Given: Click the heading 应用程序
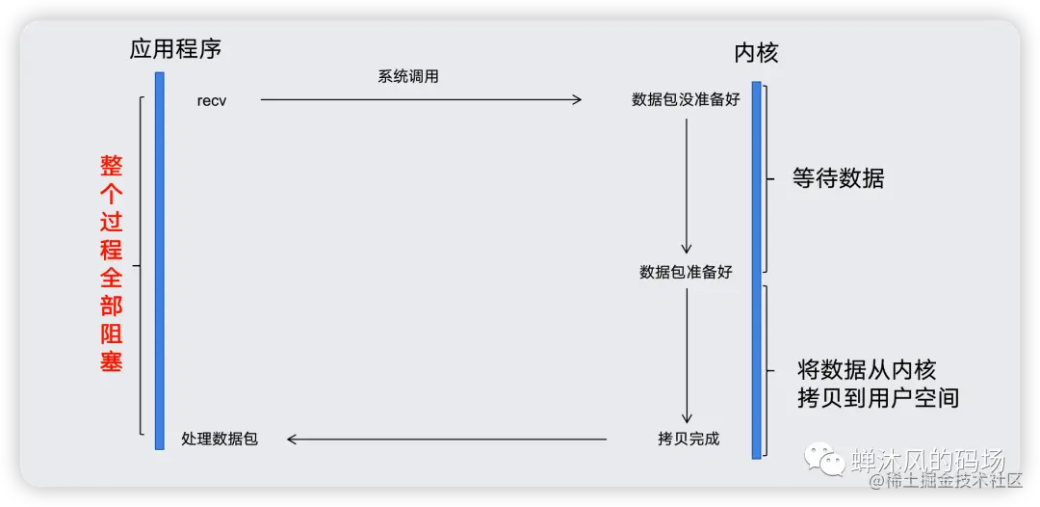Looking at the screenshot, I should (x=182, y=49).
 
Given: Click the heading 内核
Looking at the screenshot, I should (x=755, y=54).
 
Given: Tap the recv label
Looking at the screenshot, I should (x=212, y=100).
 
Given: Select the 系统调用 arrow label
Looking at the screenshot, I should (x=408, y=77).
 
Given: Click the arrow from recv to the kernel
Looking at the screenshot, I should (x=421, y=99).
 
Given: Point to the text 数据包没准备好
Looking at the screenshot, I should (x=686, y=99).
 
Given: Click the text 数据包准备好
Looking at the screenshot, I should (x=686, y=273).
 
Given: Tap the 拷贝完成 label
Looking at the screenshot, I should (x=688, y=440).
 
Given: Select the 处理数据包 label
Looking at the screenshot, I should (x=220, y=440).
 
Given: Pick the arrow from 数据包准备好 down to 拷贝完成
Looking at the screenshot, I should (x=687, y=356).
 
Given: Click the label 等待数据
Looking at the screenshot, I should (x=838, y=178).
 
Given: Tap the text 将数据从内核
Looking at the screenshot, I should (x=867, y=370).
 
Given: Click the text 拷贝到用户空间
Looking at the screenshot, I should (x=878, y=398).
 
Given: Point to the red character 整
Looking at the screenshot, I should (x=112, y=166).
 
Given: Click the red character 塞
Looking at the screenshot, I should (x=112, y=361).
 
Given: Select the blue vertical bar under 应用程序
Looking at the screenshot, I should (x=160, y=260).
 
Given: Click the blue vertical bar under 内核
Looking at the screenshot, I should (x=757, y=270).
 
